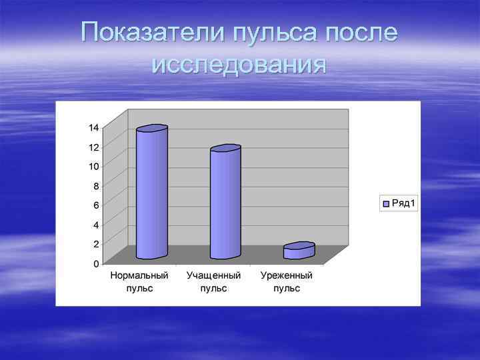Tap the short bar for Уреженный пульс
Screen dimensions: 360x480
click(x=299, y=251)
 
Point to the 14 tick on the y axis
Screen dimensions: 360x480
click(x=94, y=127)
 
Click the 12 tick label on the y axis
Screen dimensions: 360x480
click(x=94, y=147)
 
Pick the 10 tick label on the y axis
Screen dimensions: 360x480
click(x=94, y=166)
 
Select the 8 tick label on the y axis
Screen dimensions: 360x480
click(x=96, y=186)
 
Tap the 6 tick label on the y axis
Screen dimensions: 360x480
click(x=96, y=205)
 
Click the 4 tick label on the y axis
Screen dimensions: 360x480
click(x=96, y=225)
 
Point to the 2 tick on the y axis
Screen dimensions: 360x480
click(x=96, y=244)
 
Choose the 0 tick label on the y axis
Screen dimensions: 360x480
click(x=96, y=263)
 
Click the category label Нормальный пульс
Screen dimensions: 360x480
click(x=139, y=281)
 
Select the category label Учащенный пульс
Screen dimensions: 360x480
click(x=213, y=281)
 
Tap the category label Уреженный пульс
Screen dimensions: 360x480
click(x=287, y=281)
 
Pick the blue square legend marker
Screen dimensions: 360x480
click(x=385, y=203)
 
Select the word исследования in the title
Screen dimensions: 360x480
click(x=239, y=65)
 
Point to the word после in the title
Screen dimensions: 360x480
click(x=363, y=31)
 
